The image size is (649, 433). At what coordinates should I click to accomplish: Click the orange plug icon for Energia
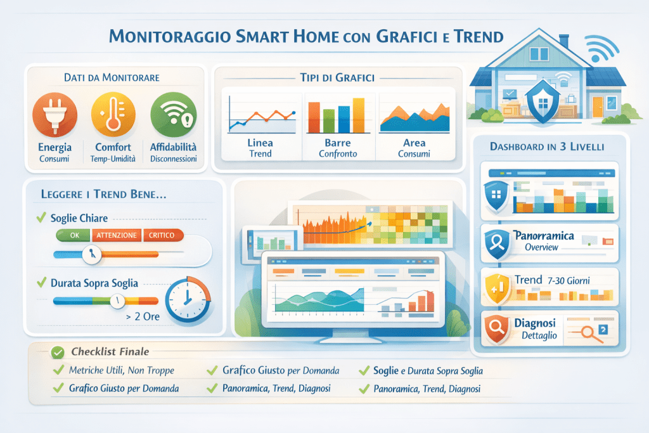(55, 115)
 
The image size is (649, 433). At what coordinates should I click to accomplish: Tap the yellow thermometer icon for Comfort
(113, 115)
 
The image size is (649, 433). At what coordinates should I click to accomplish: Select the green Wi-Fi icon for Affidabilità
(172, 115)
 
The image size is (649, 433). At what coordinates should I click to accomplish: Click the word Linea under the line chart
(260, 143)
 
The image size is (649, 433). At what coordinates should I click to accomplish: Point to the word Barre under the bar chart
(337, 143)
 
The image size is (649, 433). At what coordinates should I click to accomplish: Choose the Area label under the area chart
(414, 143)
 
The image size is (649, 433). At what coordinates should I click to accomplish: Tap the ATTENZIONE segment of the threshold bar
(117, 235)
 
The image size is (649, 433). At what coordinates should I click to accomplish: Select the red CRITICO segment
(163, 235)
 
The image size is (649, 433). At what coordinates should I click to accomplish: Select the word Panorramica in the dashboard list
(544, 236)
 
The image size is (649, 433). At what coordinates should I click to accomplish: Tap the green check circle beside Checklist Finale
(58, 351)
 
